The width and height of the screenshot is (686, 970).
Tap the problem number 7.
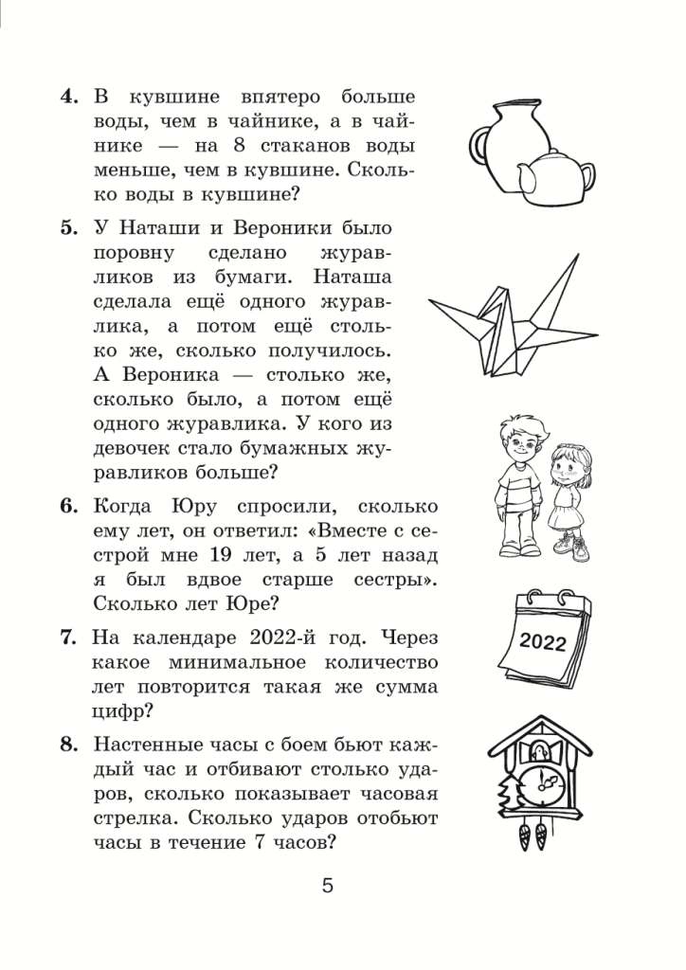pos(68,638)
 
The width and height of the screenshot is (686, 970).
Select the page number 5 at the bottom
pos(328,887)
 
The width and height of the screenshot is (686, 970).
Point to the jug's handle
pos(480,148)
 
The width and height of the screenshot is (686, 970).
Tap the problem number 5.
pos(67,230)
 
